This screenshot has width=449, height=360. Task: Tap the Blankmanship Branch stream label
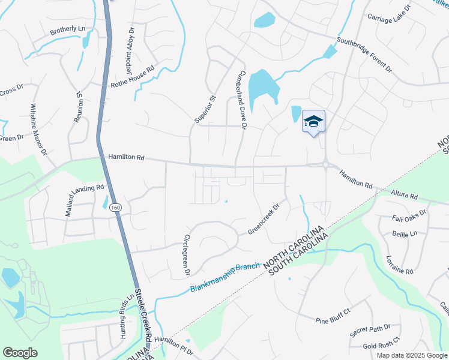tap(225, 278)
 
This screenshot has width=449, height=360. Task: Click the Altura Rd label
tap(403, 195)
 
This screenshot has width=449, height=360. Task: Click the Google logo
tap(20, 353)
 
